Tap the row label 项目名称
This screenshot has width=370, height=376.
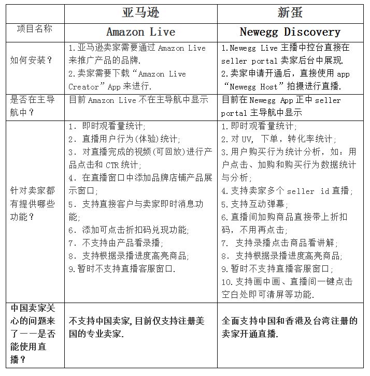click(31, 29)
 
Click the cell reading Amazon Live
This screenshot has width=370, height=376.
click(140, 32)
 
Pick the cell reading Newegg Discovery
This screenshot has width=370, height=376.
click(290, 32)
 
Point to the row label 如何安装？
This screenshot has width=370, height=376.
click(31, 59)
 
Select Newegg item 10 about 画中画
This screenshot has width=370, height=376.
click(286, 288)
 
